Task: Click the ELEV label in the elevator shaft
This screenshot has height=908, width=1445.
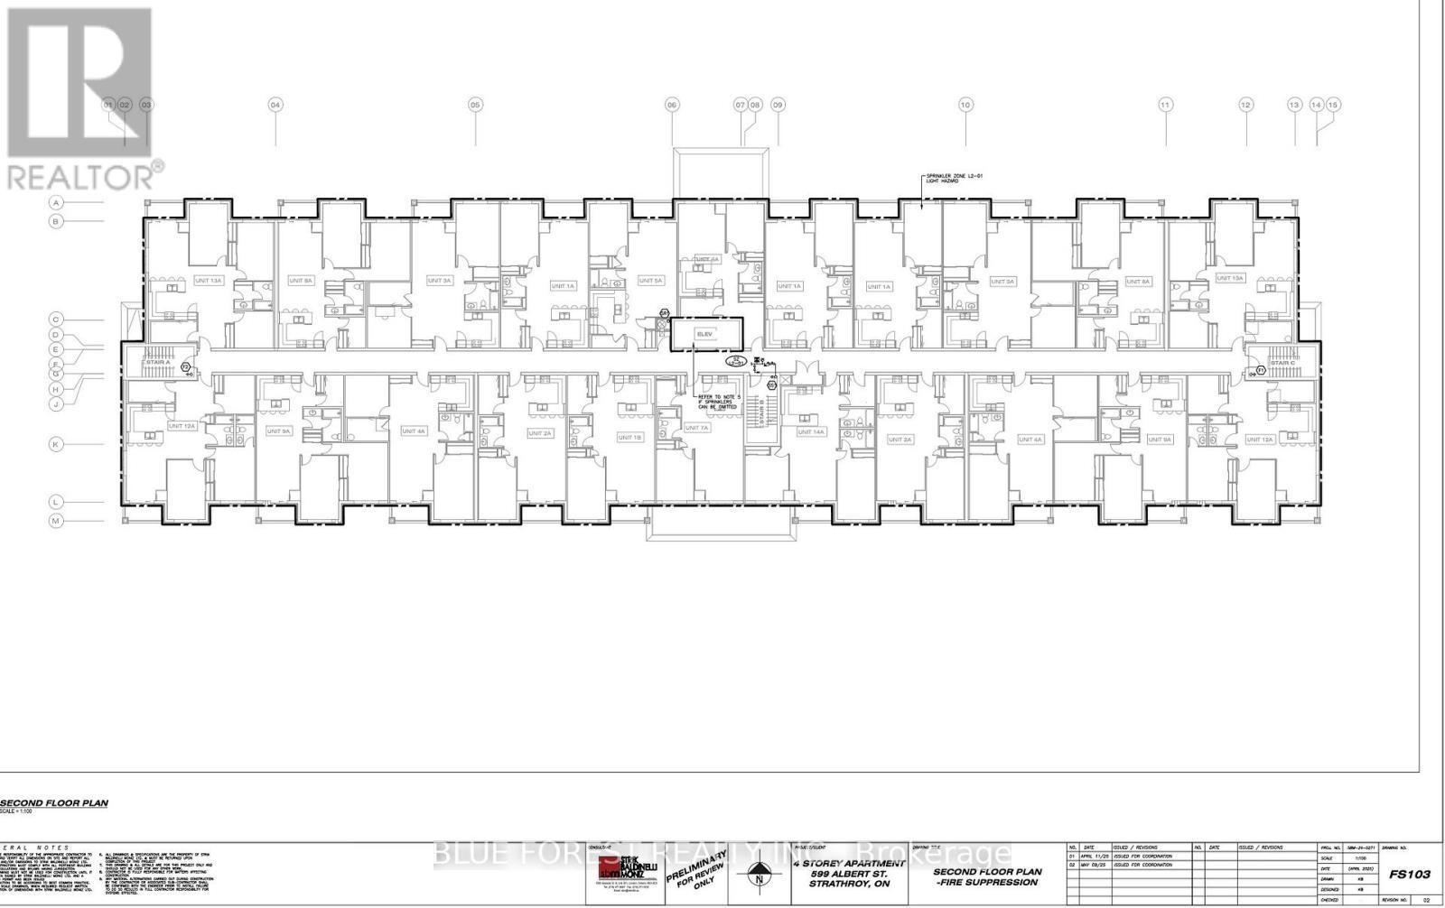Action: [704, 334]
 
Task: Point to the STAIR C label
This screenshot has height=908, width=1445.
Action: [1282, 363]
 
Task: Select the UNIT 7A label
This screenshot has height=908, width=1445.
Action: [697, 428]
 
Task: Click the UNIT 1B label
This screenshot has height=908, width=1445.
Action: [629, 437]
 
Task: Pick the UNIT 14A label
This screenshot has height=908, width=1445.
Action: [811, 431]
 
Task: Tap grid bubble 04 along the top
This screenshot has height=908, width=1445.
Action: [275, 105]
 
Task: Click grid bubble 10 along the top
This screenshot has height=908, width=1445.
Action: [965, 105]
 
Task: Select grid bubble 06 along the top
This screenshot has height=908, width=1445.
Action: [672, 105]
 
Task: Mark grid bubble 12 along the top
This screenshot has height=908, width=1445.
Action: [1246, 105]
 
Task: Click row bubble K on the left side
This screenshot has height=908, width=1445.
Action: [55, 444]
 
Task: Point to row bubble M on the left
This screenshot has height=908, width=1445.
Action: [55, 521]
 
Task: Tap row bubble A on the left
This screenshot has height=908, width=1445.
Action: [55, 203]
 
